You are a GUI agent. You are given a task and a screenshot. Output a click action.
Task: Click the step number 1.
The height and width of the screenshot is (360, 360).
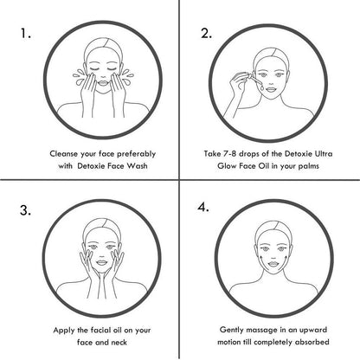tap(25, 34)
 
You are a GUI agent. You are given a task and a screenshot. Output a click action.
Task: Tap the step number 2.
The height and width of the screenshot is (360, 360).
tap(206, 34)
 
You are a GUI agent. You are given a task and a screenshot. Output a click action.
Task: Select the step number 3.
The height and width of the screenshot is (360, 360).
tap(25, 210)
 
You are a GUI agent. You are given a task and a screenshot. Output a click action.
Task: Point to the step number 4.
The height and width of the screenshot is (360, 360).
tap(203, 207)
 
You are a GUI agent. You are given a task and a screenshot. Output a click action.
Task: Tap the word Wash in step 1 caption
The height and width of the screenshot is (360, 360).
tap(138, 166)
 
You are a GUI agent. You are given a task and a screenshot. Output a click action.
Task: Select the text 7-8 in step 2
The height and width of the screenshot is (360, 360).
tap(230, 153)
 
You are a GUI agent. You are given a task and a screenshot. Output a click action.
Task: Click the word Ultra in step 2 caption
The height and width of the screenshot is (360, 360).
tap(324, 153)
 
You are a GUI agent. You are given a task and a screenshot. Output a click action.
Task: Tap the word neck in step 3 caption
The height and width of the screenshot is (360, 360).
tap(119, 343)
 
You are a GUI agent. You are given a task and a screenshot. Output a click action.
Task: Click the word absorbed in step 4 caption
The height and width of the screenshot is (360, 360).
tap(312, 342)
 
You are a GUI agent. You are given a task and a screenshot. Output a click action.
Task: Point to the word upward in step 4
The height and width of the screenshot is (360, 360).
tap(313, 330)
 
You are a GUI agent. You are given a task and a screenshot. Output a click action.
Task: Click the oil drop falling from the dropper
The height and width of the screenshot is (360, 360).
tap(261, 87)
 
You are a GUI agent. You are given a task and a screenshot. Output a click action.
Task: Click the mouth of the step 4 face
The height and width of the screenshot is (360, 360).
tap(273, 264)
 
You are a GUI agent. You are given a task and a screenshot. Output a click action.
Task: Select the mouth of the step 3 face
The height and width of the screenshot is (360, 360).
tap(101, 263)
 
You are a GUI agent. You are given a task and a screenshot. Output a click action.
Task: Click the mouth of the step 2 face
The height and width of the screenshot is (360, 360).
tap(272, 89)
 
